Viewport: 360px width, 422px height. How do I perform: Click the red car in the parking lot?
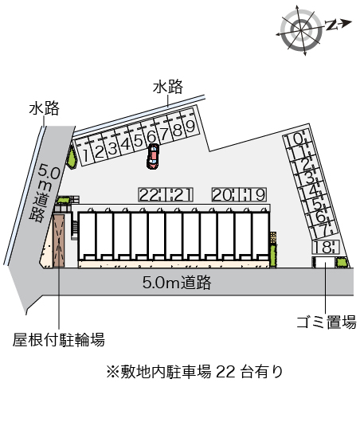coord(153,156)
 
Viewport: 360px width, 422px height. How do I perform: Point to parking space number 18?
coord(325,247)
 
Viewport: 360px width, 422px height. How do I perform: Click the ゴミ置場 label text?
coord(327,322)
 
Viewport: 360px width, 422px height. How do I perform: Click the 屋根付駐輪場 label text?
coord(59,340)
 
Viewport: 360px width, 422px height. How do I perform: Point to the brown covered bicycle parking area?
coord(59,240)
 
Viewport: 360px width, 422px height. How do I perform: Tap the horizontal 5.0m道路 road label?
coord(177,283)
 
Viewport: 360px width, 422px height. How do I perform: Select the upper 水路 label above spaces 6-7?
coord(168,87)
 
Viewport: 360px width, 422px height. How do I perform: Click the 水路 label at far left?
coord(44,108)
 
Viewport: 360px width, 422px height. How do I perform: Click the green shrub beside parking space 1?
coord(72,158)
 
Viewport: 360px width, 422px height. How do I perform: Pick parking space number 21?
coord(180,194)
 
